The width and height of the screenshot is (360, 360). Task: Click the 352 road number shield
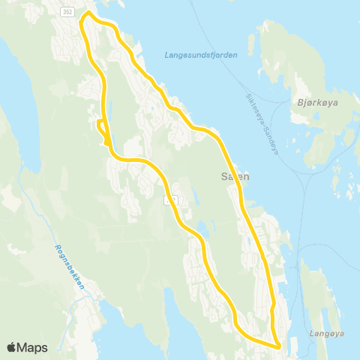coord(69,12)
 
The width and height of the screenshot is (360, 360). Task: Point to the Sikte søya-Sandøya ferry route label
coord(262,123)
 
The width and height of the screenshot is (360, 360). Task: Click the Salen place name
coord(234,177)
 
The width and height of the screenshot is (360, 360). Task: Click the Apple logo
coord(13,347)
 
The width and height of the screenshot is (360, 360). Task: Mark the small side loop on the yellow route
coord(101,127)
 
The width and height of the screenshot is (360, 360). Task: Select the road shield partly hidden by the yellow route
coord(170,199)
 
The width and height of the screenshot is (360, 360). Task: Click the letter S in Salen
coord(223,177)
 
